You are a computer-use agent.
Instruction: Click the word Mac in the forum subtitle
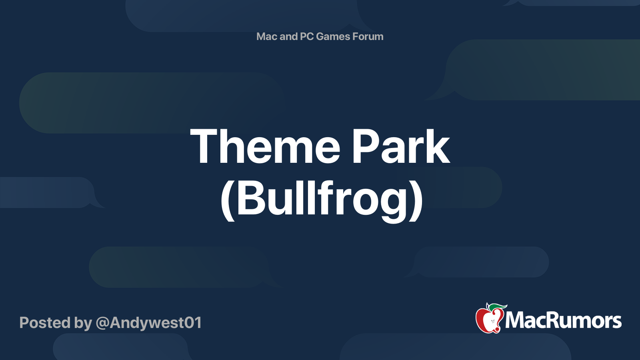[x=267, y=36]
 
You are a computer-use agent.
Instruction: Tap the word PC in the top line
[x=307, y=36]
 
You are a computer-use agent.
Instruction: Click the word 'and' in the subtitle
[x=288, y=36]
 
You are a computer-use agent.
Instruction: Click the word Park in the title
[x=401, y=147]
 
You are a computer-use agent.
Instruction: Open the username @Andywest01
[x=148, y=323]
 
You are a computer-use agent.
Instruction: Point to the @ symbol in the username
[x=102, y=323]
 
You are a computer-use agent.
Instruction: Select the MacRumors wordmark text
[x=563, y=321]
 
